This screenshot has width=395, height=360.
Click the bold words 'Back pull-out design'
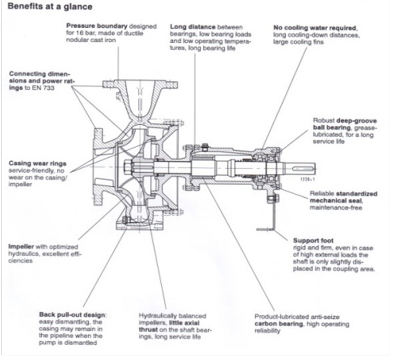pyautogui.click(x=73, y=315)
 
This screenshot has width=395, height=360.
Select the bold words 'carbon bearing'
pyautogui.click(x=286, y=324)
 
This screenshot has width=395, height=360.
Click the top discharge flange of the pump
pyautogui.click(x=140, y=83)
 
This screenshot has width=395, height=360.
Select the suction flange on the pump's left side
pyautogui.click(x=96, y=167)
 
